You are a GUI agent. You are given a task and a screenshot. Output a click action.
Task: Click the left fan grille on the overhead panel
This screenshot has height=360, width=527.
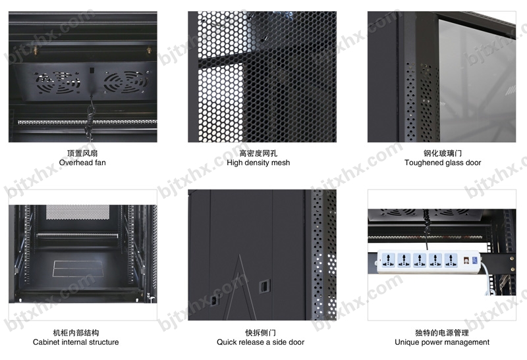click(x=58, y=83)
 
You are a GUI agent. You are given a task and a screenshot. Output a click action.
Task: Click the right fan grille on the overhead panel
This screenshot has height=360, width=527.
click(x=126, y=82)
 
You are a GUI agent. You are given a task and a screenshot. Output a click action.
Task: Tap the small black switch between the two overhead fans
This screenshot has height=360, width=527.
click(x=92, y=70)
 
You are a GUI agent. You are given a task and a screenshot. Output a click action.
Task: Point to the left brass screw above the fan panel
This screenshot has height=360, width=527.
click(x=36, y=51)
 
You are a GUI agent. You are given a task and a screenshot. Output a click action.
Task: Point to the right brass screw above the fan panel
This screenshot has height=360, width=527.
click(x=149, y=51)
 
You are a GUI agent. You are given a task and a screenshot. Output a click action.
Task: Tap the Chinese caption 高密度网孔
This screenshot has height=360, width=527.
click(x=258, y=153)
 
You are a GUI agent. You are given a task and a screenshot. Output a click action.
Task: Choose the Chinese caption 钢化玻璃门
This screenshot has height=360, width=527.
click(x=443, y=153)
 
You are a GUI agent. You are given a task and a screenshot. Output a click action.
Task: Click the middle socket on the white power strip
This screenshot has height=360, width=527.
click(x=420, y=260)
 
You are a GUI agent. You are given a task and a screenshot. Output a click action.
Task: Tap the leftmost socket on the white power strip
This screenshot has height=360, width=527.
click(x=388, y=260)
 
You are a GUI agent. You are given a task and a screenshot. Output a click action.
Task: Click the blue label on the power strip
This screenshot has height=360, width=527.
click(x=475, y=260)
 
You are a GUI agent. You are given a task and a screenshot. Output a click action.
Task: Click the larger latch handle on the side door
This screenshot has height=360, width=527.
click(x=264, y=286)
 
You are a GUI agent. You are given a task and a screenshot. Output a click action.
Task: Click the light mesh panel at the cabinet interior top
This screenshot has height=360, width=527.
click(x=78, y=212)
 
